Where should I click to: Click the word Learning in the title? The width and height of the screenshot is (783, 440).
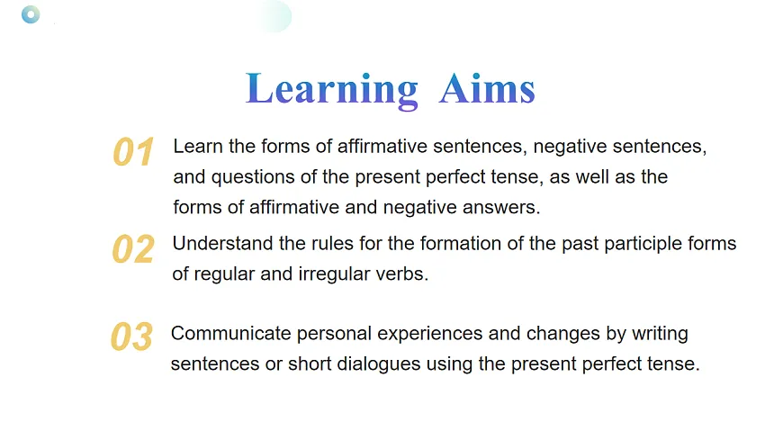[x=331, y=90]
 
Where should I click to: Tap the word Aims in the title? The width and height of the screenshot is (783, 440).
[x=487, y=90]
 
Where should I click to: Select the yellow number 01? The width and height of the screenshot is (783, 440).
[x=133, y=152]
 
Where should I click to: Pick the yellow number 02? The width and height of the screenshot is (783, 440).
[x=133, y=249]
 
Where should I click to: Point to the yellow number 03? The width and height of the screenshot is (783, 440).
[x=131, y=337]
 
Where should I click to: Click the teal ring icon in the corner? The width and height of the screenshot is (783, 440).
[x=31, y=14]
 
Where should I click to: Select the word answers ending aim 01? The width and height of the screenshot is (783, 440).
[x=503, y=207]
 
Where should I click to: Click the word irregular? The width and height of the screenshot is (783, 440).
[x=333, y=274]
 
